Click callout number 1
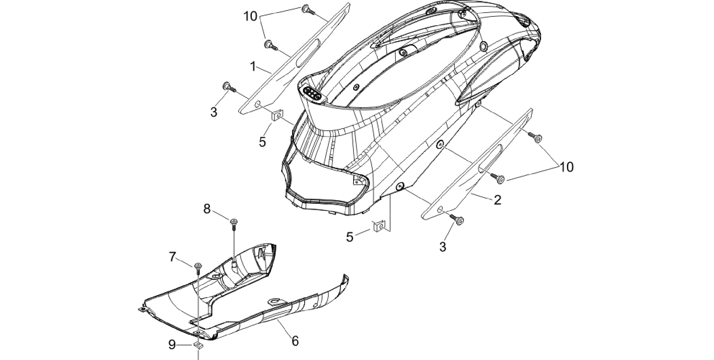click(253, 66)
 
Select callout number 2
click(497, 200)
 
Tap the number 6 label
click(295, 341)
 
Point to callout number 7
click(173, 257)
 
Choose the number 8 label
click(207, 209)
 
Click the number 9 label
click(172, 345)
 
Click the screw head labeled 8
click(233, 221)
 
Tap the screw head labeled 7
click(198, 265)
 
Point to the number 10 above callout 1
click(250, 16)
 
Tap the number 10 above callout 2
click(567, 167)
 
